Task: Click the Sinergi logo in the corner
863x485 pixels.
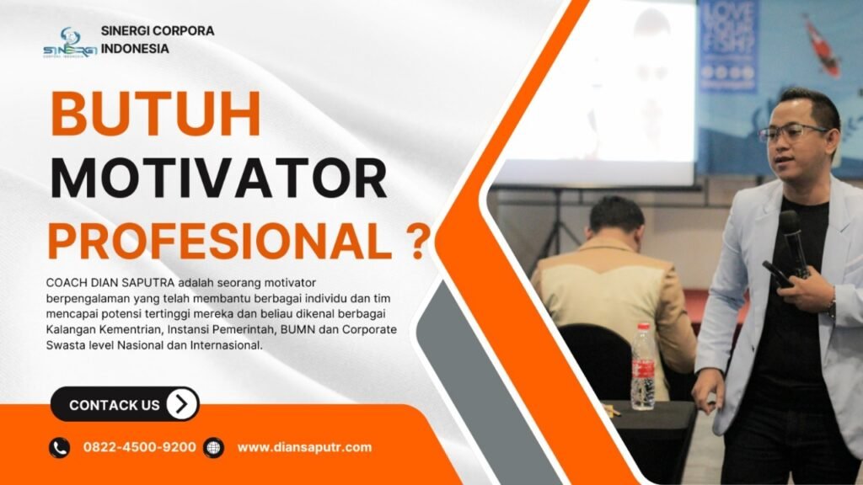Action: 70,42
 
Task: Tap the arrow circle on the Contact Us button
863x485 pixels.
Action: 181,404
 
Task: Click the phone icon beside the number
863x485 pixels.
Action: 59,447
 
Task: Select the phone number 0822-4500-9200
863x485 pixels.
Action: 139,447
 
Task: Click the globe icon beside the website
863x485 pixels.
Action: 214,447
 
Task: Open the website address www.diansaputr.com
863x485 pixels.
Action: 304,447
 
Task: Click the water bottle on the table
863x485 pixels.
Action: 643,367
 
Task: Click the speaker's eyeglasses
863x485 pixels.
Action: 792,133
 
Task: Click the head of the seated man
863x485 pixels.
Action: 616,216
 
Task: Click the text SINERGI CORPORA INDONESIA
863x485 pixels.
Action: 158,39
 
